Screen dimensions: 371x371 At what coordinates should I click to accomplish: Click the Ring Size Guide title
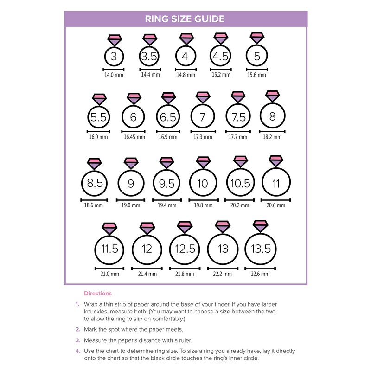point(185,19)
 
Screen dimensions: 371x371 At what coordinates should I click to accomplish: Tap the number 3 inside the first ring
point(114,57)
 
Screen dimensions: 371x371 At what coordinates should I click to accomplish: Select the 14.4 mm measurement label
point(149,75)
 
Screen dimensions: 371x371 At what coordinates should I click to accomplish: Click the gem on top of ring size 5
point(256,38)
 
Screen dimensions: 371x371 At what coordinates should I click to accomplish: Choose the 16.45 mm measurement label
point(133,137)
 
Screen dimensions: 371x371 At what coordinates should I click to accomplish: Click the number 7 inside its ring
point(202,117)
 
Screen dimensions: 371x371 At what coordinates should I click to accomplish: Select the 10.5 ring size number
point(239,184)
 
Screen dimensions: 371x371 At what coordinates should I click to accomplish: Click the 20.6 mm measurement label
point(276,205)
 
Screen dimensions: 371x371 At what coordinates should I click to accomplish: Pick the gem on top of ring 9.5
point(167,162)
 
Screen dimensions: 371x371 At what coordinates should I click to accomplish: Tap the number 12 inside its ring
point(147,249)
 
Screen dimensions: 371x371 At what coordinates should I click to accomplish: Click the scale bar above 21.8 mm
point(185,268)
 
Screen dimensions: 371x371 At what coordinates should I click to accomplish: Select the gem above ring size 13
point(222,227)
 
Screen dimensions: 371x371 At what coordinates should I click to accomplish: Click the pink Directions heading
point(97,294)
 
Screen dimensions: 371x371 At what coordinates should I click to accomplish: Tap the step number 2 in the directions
point(77,329)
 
